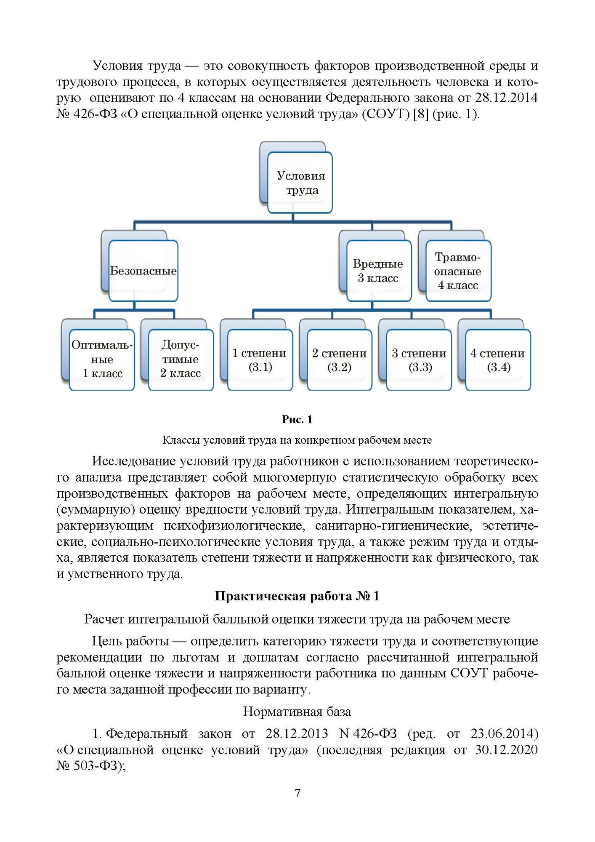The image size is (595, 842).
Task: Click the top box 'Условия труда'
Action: point(300,183)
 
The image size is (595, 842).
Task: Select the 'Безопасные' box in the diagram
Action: point(143,271)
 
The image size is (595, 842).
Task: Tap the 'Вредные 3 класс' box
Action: point(378,271)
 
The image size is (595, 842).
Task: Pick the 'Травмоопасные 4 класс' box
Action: point(458,271)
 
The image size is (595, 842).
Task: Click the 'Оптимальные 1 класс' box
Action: point(102,359)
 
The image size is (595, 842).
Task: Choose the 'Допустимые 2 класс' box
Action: point(181,359)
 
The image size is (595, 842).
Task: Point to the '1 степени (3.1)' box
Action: point(260,360)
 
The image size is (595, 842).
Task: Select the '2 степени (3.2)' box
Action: point(339,360)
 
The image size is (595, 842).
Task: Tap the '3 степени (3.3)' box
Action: point(419,360)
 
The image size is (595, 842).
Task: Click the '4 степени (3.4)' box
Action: point(498,360)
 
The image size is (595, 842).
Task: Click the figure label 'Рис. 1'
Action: point(297,419)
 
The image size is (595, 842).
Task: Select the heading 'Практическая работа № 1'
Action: point(297,596)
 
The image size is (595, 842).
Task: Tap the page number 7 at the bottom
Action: point(297,793)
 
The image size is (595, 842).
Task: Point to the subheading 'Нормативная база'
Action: point(297,712)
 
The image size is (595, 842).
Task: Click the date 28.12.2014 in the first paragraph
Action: point(506,98)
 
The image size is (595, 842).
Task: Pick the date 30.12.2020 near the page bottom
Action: point(506,750)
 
